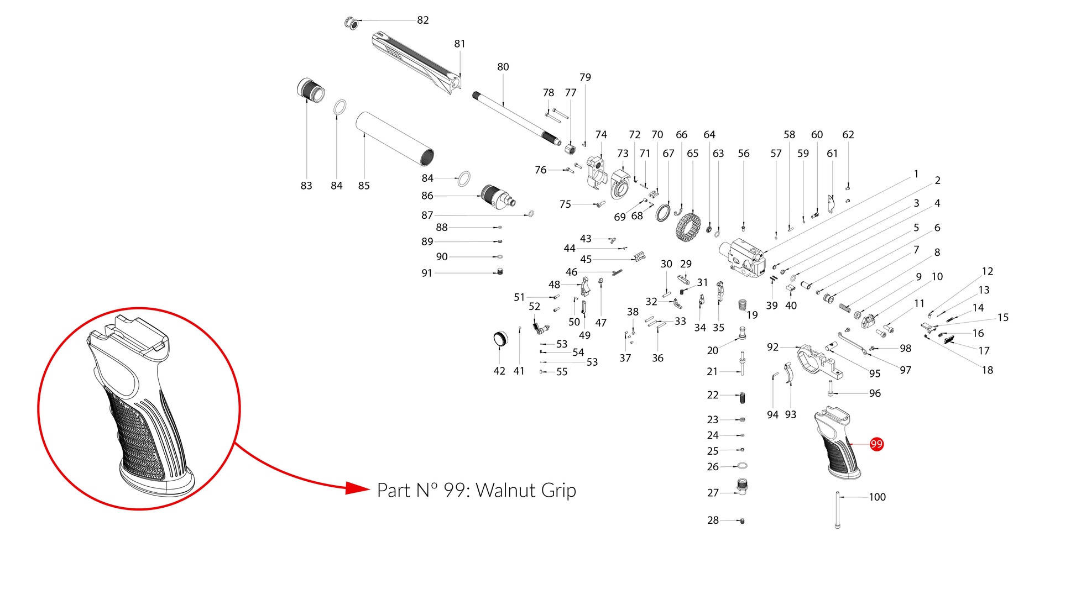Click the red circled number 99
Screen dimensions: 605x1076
click(876, 444)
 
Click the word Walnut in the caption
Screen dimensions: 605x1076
click(505, 491)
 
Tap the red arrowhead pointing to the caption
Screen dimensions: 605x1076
click(357, 488)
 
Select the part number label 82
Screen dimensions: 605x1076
click(423, 20)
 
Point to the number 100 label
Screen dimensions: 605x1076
click(877, 497)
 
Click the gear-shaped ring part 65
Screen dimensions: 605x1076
click(688, 227)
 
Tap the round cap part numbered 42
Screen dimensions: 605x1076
click(500, 339)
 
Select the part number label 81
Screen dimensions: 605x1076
click(459, 44)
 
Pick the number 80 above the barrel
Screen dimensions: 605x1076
click(503, 67)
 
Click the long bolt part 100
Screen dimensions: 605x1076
click(838, 509)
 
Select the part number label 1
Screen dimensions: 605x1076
click(916, 174)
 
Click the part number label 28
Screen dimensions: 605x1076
click(713, 520)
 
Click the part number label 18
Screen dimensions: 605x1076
click(987, 370)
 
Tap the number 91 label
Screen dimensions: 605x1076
click(426, 273)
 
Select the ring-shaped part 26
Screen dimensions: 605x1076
click(743, 466)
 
